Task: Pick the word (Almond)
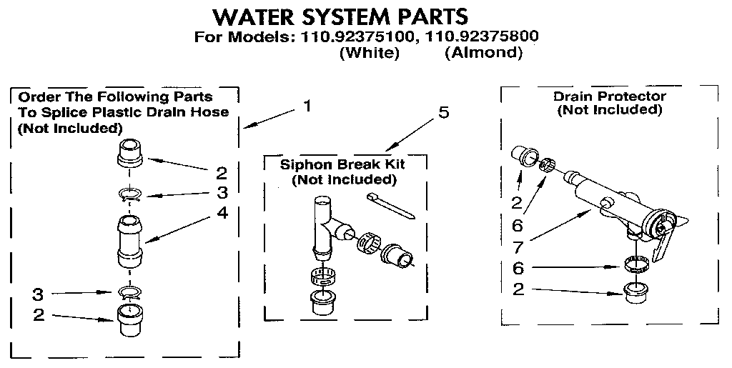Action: tap(483, 53)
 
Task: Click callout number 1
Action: tap(307, 106)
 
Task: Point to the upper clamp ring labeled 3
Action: tap(129, 193)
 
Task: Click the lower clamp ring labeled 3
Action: tap(129, 292)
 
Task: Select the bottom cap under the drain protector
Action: tap(634, 293)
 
